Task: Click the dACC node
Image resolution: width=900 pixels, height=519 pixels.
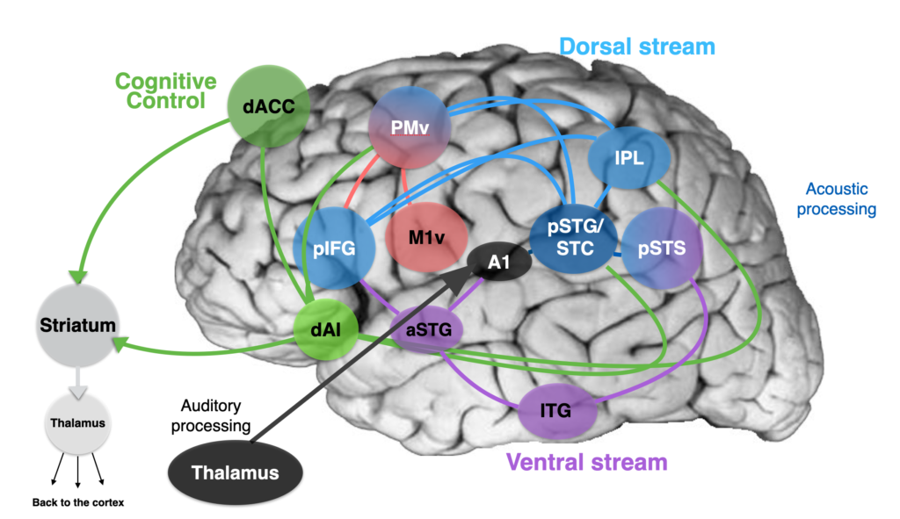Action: [x=269, y=106]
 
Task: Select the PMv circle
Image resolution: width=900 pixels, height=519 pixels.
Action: [x=410, y=127]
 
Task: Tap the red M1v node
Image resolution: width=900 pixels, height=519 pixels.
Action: [x=426, y=237]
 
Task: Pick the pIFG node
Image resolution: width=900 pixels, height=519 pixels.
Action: [x=334, y=249]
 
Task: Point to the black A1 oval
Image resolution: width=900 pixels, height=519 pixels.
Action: [x=499, y=262]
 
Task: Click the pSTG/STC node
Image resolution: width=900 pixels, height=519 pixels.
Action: [x=574, y=237]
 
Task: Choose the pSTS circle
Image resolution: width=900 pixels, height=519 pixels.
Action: [x=662, y=248]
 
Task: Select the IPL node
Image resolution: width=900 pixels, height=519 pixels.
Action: [x=629, y=158]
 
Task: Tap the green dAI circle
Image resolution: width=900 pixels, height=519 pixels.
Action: [x=325, y=329]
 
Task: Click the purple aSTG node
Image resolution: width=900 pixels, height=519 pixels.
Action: [x=428, y=329]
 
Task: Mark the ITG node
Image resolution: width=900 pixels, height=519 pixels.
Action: [x=555, y=411]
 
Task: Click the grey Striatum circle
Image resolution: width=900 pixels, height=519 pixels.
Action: [x=77, y=325]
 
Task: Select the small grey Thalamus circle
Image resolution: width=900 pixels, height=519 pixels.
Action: [x=77, y=423]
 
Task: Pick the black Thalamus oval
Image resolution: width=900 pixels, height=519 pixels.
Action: [x=236, y=472]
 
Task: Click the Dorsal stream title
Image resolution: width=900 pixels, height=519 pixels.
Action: [x=637, y=47]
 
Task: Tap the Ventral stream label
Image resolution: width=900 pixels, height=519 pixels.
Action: [x=586, y=462]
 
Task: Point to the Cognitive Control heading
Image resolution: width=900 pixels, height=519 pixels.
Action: [x=166, y=90]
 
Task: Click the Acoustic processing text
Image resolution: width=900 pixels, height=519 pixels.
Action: [x=837, y=199]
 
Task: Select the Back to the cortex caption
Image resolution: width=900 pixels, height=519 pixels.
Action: [x=78, y=502]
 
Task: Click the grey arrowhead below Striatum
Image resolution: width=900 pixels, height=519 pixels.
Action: [x=77, y=393]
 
